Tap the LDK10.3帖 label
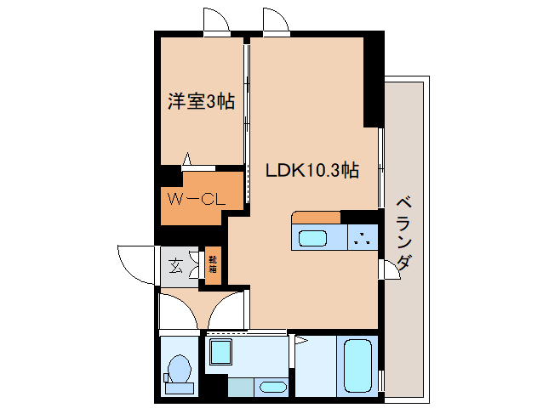pyautogui.click(x=312, y=170)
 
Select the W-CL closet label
pyautogui.click(x=195, y=200)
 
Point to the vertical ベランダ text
pyautogui.click(x=405, y=232)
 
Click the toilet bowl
pyautogui.click(x=179, y=368)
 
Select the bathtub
pyautogui.click(x=357, y=366)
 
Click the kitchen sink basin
pyautogui.click(x=312, y=238)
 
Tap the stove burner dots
pyautogui.click(x=363, y=238)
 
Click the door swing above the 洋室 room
pyautogui.click(x=216, y=20)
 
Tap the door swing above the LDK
pyautogui.click(x=276, y=21)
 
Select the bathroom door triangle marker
pyautogui.click(x=300, y=341)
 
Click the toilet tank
pyautogui.click(x=179, y=388)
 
